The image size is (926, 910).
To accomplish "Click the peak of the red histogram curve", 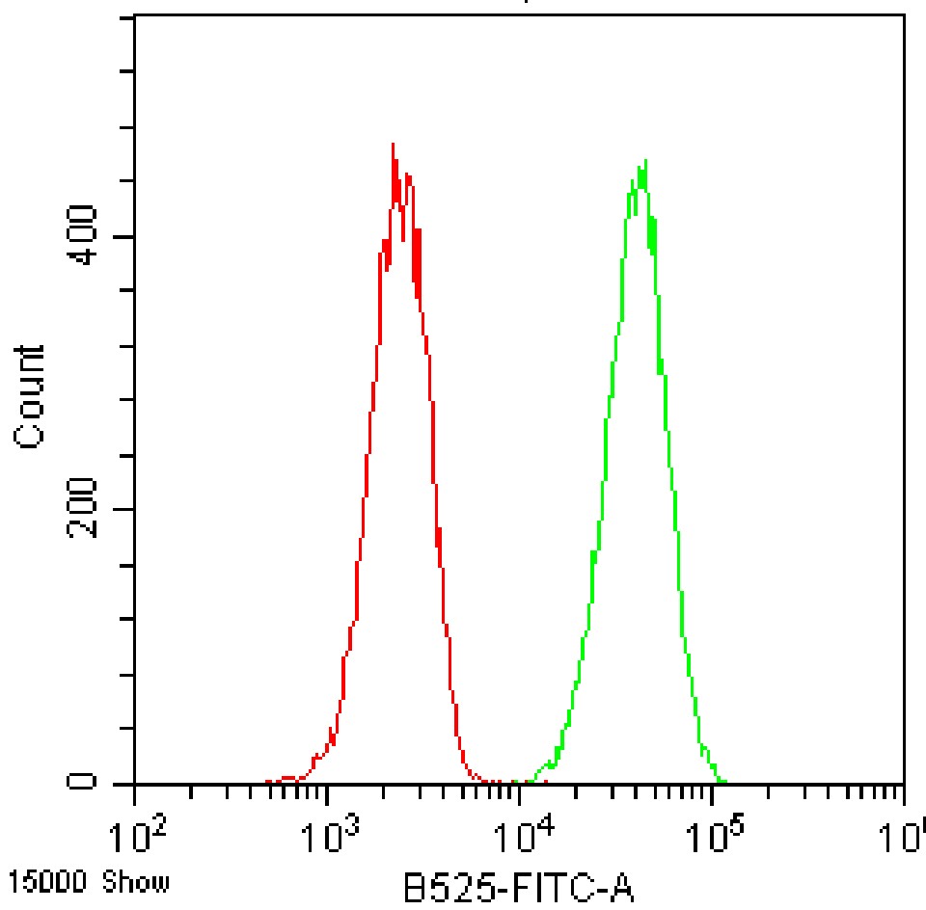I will click(x=393, y=145).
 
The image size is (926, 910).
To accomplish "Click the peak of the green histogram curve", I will click(x=642, y=160).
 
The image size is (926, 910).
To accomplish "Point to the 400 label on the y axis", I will click(x=88, y=238).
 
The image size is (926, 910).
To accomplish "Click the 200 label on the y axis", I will click(x=88, y=509).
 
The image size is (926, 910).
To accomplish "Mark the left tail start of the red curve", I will click(x=268, y=782).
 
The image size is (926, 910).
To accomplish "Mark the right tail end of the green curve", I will click(x=725, y=782).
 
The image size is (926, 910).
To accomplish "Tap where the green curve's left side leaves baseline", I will click(x=517, y=782).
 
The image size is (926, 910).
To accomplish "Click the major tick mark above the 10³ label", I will click(x=328, y=794).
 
